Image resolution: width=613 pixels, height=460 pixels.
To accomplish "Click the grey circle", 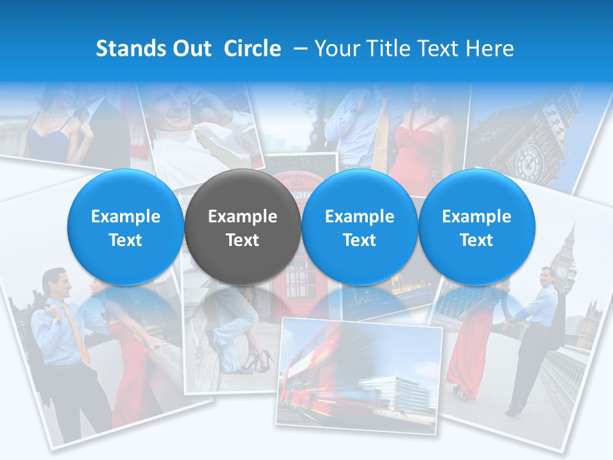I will click(x=242, y=227).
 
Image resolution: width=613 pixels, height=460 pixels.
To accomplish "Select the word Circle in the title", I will click(x=252, y=49).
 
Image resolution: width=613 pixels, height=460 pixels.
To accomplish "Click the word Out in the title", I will click(x=190, y=49).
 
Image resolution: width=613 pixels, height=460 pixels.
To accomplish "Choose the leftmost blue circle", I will click(x=125, y=227).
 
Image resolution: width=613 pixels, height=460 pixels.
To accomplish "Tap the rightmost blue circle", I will click(x=476, y=227).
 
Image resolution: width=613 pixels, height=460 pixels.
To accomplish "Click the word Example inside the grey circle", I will click(x=242, y=217).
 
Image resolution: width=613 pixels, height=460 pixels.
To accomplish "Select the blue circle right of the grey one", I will click(x=359, y=227).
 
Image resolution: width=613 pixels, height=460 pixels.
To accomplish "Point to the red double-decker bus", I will click(x=313, y=371).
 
